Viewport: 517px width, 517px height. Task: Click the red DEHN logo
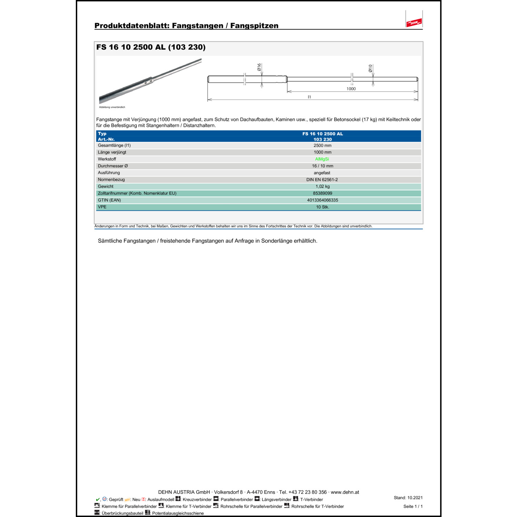click(414, 23)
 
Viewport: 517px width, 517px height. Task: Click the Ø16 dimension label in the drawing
click(259, 67)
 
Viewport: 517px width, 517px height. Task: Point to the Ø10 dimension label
click(371, 68)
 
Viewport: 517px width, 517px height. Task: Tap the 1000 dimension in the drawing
click(351, 89)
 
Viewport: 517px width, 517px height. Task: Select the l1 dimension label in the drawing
click(309, 97)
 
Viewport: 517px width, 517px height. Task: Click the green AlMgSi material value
click(322, 159)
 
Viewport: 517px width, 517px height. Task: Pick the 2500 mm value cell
click(322, 145)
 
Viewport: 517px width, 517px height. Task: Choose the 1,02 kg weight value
click(322, 186)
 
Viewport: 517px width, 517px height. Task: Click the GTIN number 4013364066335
click(322, 200)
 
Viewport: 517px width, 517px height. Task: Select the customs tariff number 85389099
click(322, 193)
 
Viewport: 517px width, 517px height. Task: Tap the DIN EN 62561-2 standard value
click(322, 180)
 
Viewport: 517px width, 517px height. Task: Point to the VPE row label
click(102, 207)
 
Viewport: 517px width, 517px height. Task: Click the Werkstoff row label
click(107, 159)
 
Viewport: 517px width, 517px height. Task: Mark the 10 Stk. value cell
click(322, 207)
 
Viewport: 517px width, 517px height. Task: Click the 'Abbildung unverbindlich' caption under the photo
click(112, 107)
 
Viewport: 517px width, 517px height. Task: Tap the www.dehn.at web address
click(345, 492)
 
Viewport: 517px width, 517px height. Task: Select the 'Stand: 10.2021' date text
click(408, 498)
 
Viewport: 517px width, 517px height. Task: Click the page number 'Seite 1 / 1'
click(413, 506)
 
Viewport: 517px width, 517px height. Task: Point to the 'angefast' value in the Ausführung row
click(322, 173)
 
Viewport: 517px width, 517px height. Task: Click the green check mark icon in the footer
click(98, 499)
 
